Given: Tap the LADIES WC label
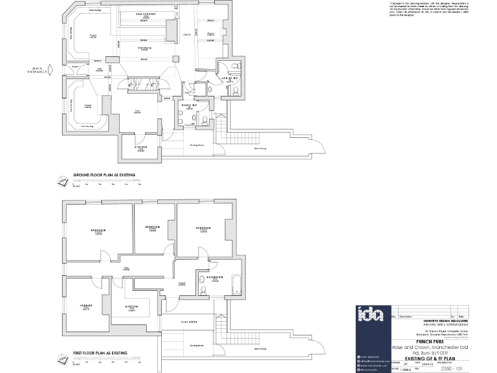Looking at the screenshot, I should (x=228, y=78).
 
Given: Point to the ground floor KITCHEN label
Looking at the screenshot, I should (x=141, y=147).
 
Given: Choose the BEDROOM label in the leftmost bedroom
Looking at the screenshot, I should (x=98, y=230).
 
